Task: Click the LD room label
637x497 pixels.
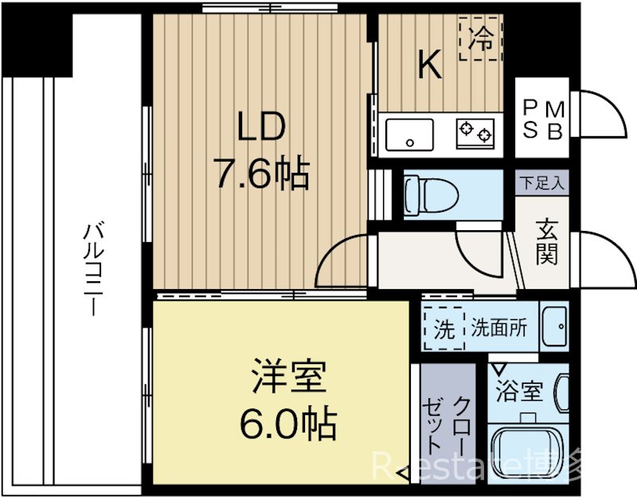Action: point(257,127)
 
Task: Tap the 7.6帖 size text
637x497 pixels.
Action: point(260,173)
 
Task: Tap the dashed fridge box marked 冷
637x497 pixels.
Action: point(482,37)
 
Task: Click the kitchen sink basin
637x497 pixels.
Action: point(409,135)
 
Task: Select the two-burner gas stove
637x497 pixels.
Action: point(475,132)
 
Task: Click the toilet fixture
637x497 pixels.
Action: point(430,193)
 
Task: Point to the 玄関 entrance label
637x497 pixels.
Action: point(546,241)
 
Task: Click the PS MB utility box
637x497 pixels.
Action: point(544,119)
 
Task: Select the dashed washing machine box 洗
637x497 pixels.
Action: point(443,328)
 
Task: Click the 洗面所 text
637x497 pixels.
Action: point(498,328)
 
